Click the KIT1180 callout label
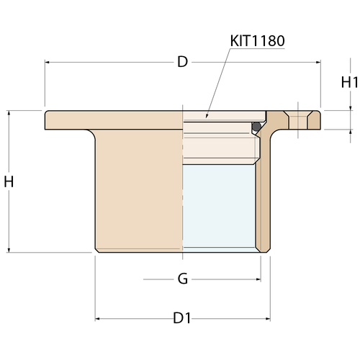coord(257,41)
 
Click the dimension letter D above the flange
coord(182,62)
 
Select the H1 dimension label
coord(350,83)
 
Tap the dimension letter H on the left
coord(9,181)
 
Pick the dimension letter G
coord(183,279)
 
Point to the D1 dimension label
coord(182,318)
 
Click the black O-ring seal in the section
coord(256,126)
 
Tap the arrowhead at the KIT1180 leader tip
coord(207,116)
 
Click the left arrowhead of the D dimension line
coord(47,63)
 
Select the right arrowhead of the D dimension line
coord(318,63)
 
